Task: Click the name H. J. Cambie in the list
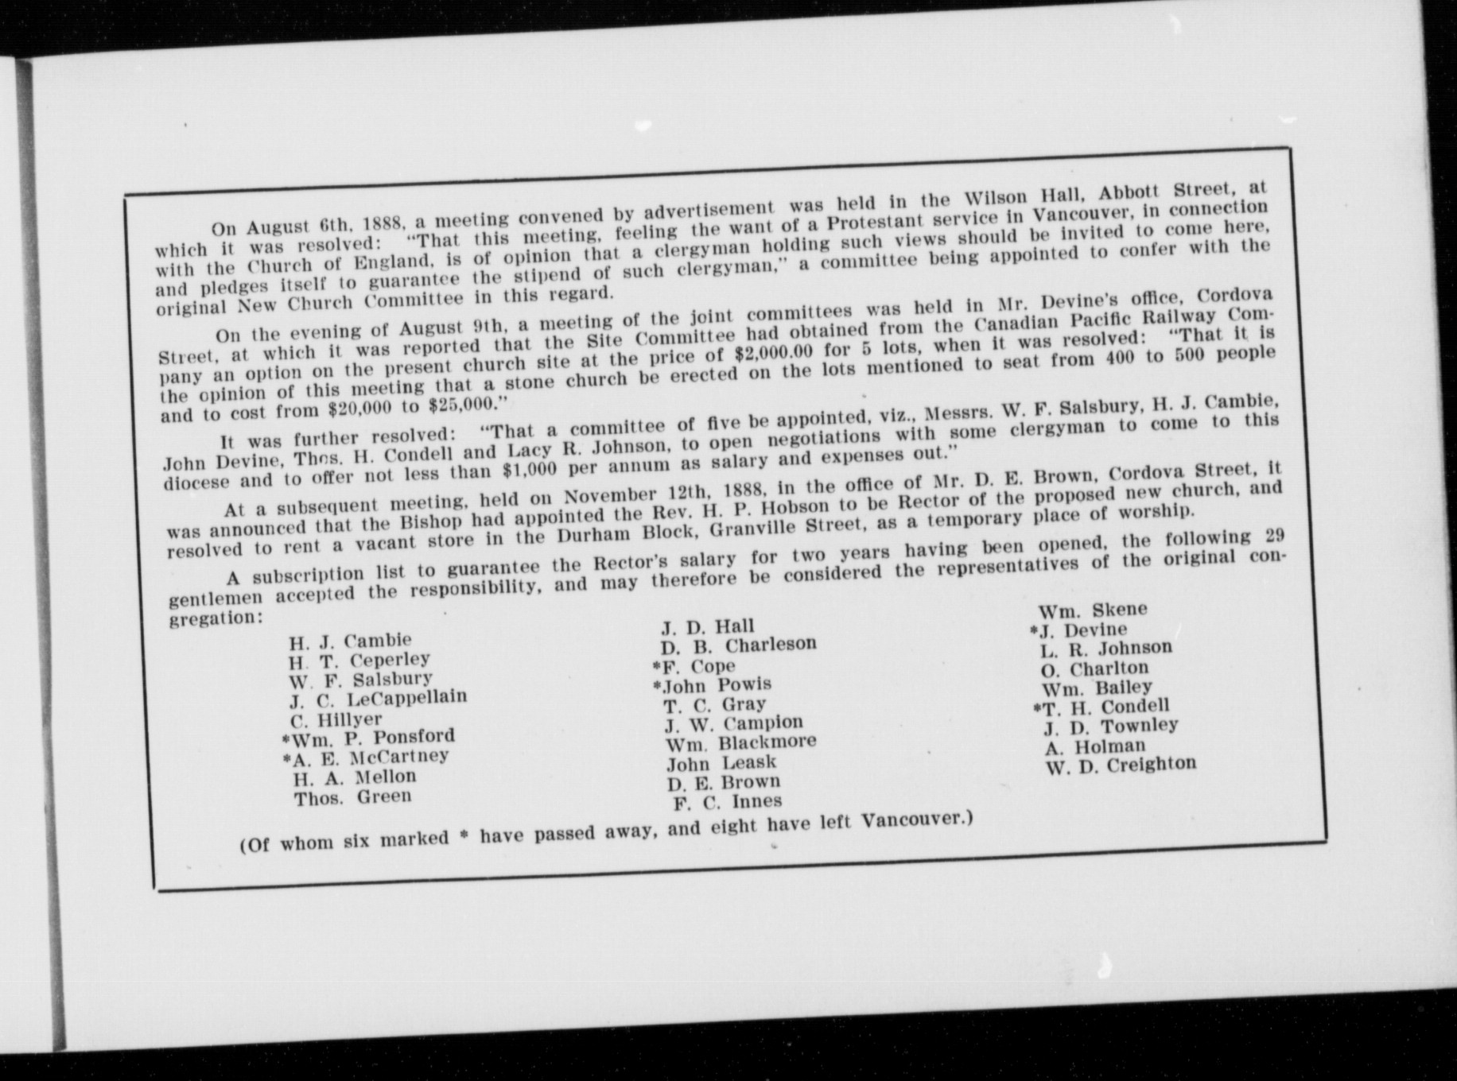pos(350,641)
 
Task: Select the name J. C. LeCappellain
pos(378,699)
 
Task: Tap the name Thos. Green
pos(353,797)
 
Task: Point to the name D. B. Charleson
pos(738,645)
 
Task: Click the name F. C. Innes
pos(728,802)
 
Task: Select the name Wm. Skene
pos(1093,610)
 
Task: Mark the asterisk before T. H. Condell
pos(1036,708)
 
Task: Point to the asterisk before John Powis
pos(657,687)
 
